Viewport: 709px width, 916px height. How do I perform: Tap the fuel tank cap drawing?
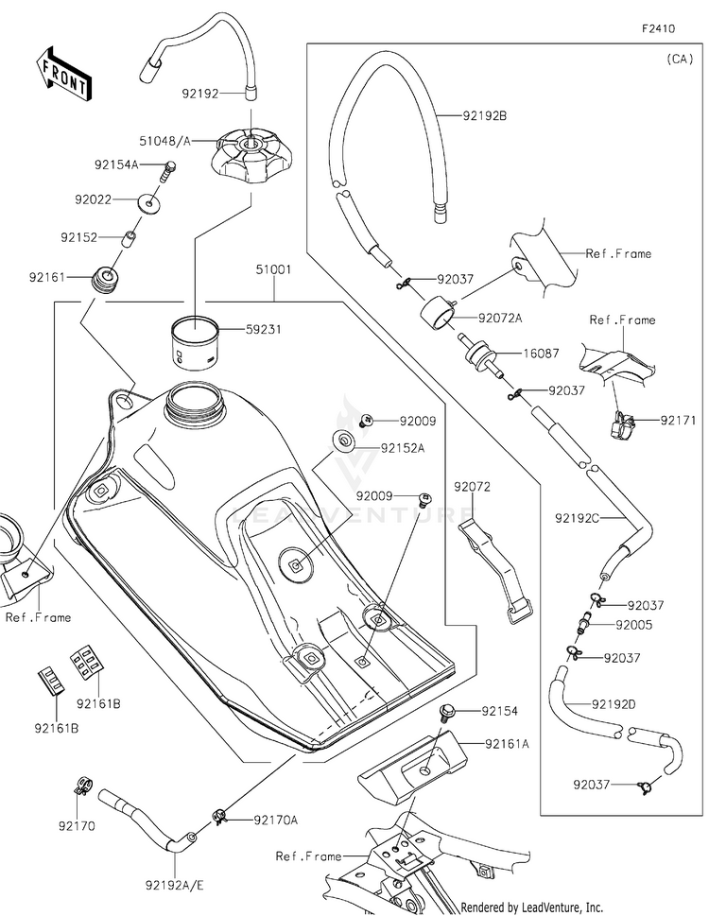[251, 154]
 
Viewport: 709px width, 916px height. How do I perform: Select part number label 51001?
[273, 270]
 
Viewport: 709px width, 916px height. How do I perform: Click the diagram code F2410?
[658, 28]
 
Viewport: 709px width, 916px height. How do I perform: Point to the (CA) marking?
[680, 59]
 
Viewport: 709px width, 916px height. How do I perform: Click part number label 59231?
[264, 330]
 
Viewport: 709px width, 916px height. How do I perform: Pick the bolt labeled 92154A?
[167, 171]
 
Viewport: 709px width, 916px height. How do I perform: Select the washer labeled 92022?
[150, 204]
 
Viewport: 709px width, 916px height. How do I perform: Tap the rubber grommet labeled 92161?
[106, 279]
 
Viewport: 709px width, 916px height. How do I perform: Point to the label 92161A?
[507, 744]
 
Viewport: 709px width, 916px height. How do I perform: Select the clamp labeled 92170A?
[219, 816]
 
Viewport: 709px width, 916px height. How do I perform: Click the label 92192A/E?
[175, 886]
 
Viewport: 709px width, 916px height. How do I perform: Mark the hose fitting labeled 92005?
[584, 623]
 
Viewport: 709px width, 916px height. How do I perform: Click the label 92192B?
[485, 116]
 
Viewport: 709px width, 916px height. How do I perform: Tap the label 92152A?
[403, 449]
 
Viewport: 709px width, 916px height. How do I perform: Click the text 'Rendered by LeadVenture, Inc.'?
[532, 907]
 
